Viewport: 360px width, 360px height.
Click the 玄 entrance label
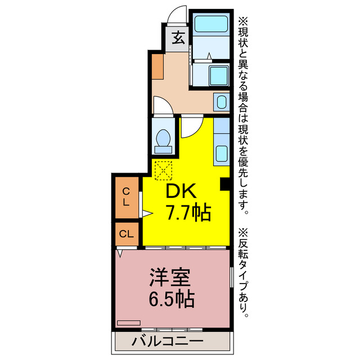[178, 39]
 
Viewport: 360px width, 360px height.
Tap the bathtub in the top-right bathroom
[211, 25]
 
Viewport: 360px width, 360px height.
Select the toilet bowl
[165, 139]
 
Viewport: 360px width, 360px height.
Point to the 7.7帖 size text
[187, 213]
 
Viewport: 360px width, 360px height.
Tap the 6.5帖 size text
[172, 298]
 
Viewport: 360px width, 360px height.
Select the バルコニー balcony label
[167, 341]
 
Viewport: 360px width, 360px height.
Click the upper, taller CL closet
[127, 197]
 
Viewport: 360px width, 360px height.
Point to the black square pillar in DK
[224, 183]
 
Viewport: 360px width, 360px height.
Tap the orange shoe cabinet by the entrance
[157, 67]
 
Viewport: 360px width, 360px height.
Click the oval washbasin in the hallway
[220, 102]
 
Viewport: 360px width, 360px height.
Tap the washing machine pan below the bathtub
[218, 75]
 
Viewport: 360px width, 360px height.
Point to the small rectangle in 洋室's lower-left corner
[128, 323]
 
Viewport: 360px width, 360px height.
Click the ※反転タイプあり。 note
[243, 273]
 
